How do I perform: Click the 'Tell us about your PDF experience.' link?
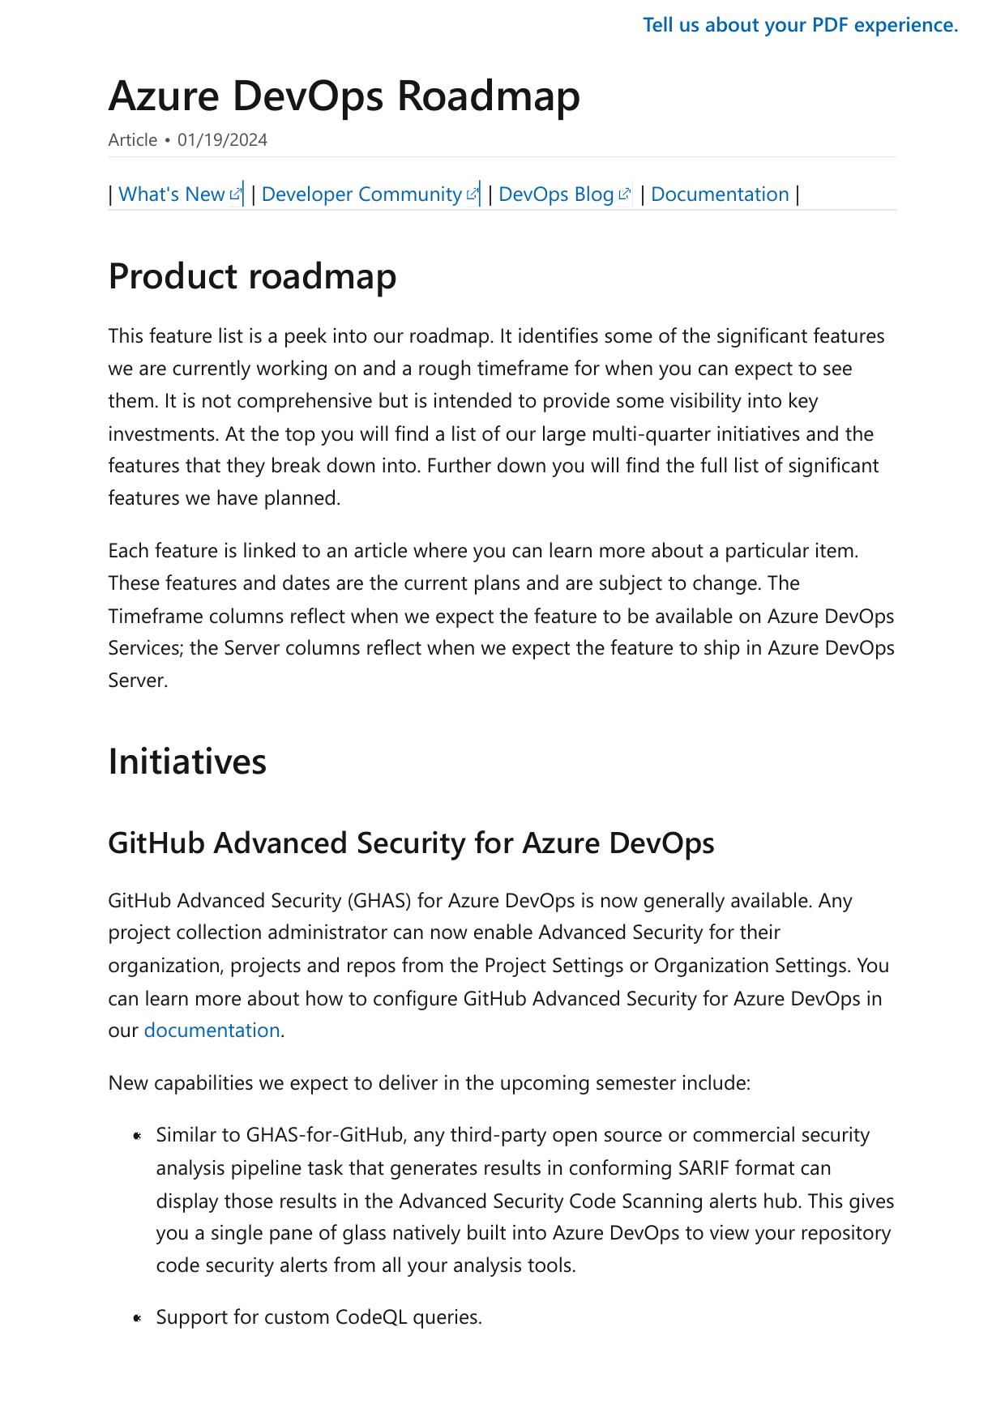(x=800, y=25)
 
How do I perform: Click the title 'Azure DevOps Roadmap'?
(x=344, y=96)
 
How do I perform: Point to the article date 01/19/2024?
(x=222, y=140)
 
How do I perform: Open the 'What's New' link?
(x=171, y=194)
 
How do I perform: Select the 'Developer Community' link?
(x=361, y=194)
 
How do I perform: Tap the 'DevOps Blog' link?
(x=556, y=194)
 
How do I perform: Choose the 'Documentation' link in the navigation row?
(x=720, y=194)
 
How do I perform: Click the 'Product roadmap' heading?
(x=252, y=276)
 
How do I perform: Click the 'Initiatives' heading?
(x=187, y=762)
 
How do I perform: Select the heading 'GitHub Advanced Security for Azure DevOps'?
(x=411, y=843)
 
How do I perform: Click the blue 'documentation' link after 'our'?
(x=212, y=1031)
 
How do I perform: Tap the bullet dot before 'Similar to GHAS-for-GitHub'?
(x=138, y=1136)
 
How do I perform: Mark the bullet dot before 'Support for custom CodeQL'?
(x=138, y=1318)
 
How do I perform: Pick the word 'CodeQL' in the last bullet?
(x=375, y=1317)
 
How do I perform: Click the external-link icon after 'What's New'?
(x=235, y=194)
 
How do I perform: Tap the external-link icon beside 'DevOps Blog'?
(x=624, y=194)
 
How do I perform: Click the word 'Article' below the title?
(x=132, y=140)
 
